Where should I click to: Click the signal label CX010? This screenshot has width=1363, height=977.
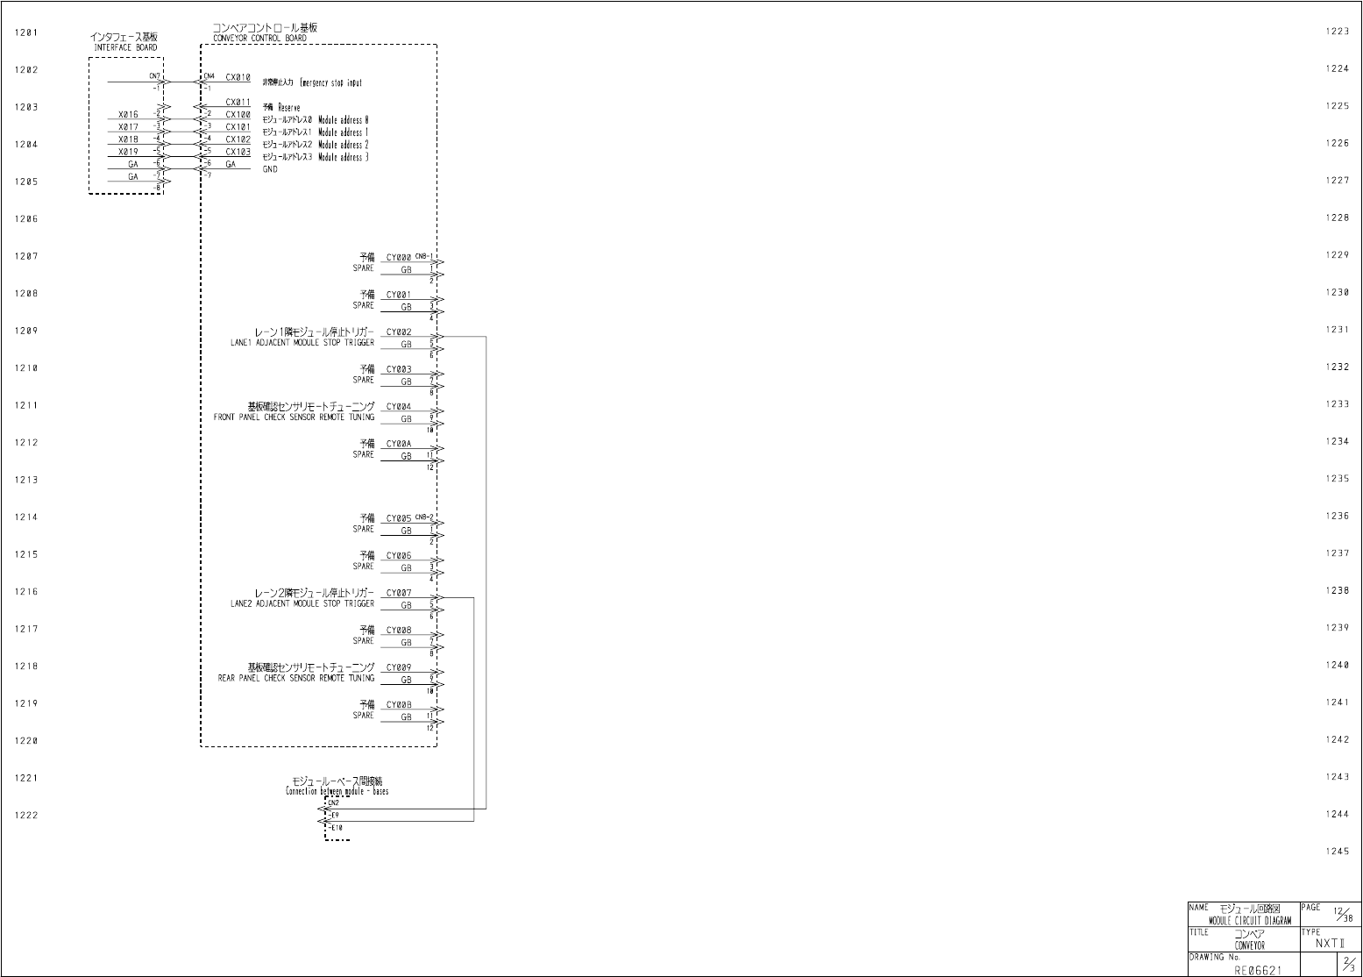238,77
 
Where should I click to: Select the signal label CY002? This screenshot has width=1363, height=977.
399,332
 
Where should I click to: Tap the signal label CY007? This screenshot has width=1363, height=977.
399,593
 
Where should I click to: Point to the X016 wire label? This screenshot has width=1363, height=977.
128,115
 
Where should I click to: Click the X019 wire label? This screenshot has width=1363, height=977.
128,152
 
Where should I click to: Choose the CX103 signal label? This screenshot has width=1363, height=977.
238,152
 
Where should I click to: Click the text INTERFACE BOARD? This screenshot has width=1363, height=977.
125,47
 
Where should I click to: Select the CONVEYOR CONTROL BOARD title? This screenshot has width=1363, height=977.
259,39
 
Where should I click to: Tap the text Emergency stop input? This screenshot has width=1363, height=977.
330,83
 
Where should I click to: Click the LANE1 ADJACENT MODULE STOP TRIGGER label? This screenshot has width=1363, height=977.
302,343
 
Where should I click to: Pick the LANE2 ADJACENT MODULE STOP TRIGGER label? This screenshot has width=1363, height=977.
302,603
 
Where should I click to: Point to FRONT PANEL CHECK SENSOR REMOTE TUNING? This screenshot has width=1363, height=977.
294,417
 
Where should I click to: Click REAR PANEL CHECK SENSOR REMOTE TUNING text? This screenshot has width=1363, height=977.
296,678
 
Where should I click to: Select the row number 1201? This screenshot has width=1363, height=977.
26,32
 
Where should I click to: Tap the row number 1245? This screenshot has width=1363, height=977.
1337,852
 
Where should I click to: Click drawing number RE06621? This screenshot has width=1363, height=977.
1257,970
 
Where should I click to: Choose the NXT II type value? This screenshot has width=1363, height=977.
1330,944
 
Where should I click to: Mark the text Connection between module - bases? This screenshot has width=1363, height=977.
337,791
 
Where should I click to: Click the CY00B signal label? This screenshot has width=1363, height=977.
399,704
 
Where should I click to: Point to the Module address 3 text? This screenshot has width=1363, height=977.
343,158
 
